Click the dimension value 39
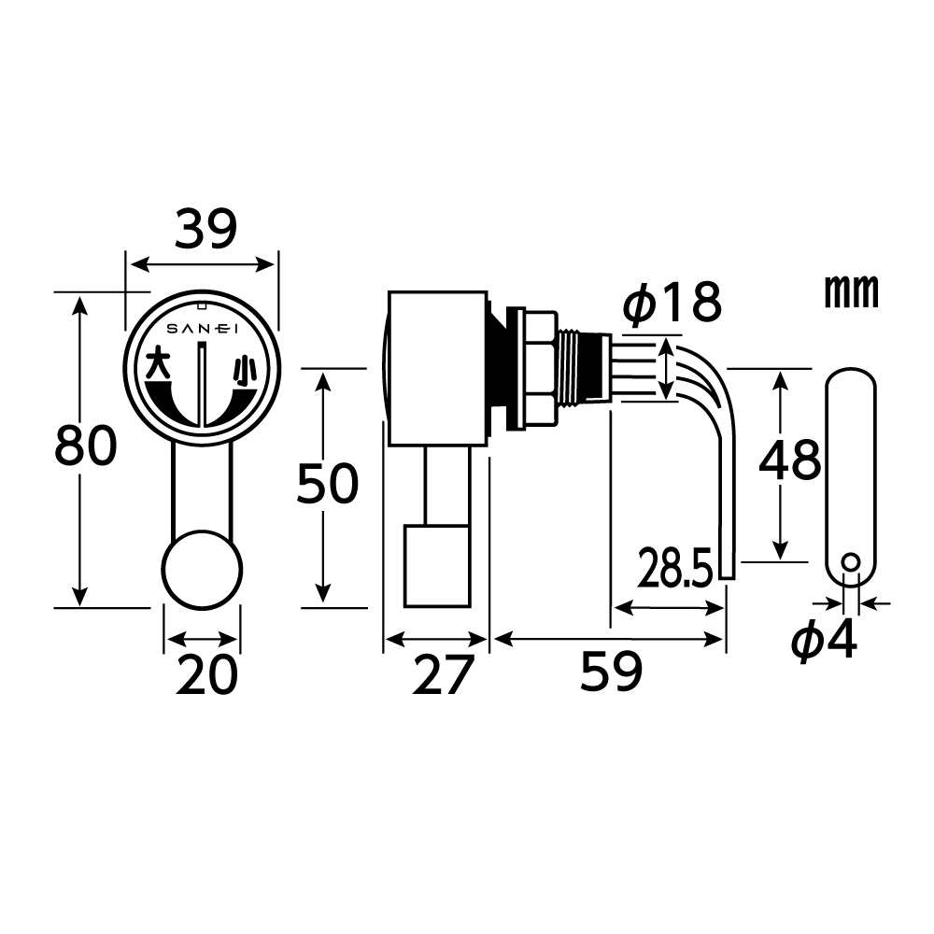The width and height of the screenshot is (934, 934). pyautogui.click(x=205, y=230)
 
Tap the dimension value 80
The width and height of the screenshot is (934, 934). pyautogui.click(x=86, y=446)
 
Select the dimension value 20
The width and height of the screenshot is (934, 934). pyautogui.click(x=206, y=673)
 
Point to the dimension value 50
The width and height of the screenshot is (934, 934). pyautogui.click(x=328, y=483)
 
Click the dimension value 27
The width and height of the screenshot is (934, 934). pyautogui.click(x=443, y=674)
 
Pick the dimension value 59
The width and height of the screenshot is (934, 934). pyautogui.click(x=612, y=671)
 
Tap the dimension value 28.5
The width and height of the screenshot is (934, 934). pyautogui.click(x=675, y=568)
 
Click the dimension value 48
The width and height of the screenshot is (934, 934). pyautogui.click(x=790, y=460)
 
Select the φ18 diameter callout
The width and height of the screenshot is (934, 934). pyautogui.click(x=672, y=303)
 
